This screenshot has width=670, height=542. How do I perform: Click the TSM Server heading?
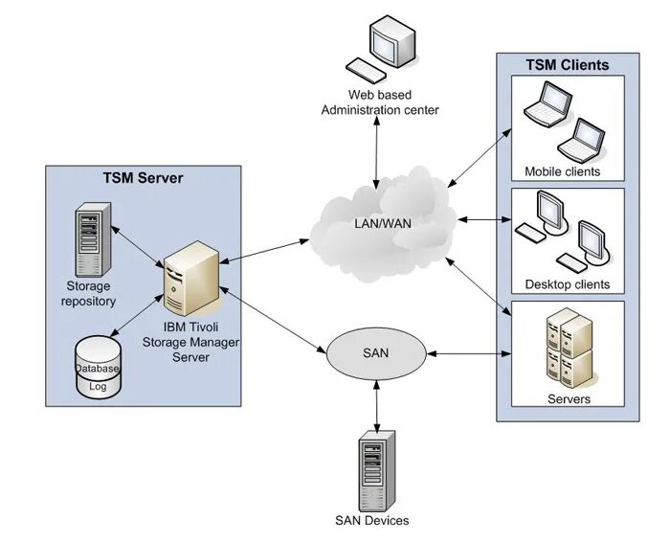(143, 178)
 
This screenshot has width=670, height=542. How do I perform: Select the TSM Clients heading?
(567, 65)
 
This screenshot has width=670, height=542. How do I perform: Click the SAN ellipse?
(375, 353)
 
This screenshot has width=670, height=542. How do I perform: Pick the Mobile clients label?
(562, 171)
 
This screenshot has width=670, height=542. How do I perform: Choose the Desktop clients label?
(567, 284)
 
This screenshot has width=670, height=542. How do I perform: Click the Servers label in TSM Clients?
(568, 398)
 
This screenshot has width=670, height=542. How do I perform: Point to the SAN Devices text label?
(372, 521)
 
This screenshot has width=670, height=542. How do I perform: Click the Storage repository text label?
(90, 294)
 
